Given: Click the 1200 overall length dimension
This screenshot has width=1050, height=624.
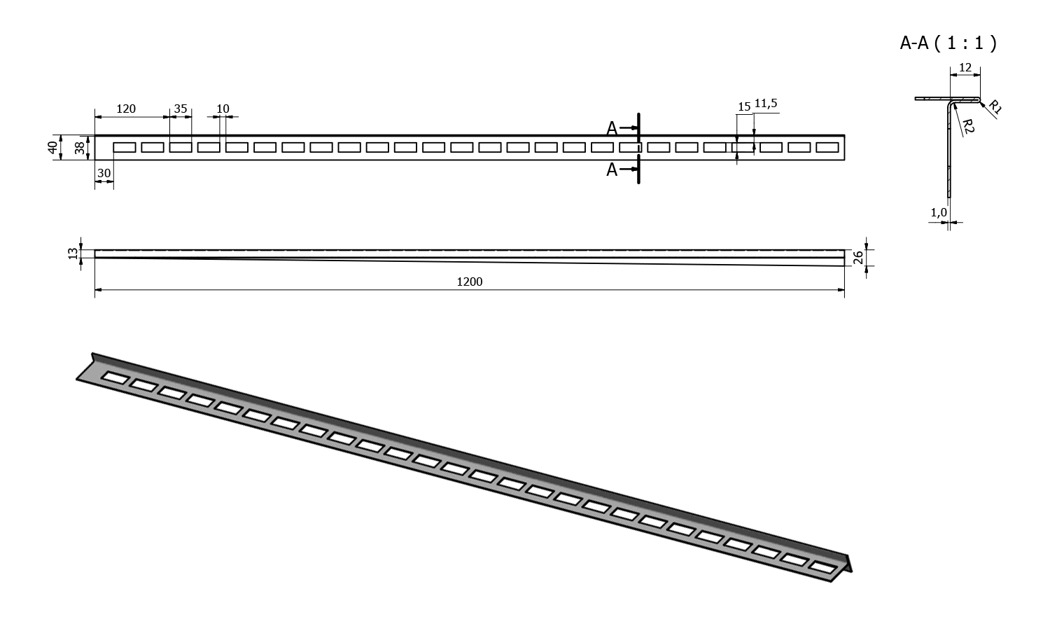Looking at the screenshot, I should pos(469,282).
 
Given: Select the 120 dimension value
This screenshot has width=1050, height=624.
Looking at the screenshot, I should pos(126,109).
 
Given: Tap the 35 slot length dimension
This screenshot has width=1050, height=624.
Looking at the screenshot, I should pos(181,109).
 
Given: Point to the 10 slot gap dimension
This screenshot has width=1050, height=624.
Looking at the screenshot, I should pos(223,109).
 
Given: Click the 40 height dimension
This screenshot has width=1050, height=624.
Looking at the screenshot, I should pos(52,148).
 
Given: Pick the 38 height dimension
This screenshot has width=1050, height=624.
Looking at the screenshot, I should pos(79,148).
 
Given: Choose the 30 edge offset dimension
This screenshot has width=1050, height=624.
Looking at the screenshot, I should pos(104,172).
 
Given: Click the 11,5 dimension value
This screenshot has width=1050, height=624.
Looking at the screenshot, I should pos(765,104).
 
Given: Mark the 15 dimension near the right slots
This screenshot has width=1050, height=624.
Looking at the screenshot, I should pos(743,106).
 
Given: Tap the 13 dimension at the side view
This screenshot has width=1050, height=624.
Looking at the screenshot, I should pos(73,254).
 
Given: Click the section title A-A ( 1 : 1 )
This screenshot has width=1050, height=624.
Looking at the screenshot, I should pos(948,43).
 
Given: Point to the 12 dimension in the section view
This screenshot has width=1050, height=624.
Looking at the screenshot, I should pos(965,67).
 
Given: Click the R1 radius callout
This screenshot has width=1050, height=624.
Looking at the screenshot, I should pos(995,107).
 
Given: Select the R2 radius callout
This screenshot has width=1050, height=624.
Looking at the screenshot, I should pos(968,127).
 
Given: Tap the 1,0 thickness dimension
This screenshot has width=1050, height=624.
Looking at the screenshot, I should pos(938,212).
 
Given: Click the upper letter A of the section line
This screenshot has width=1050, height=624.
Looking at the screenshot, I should pos(612,128).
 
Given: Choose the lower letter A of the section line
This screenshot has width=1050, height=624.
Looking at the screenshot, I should pos(612,169).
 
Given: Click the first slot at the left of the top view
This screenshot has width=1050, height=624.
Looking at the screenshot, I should pos(125,147).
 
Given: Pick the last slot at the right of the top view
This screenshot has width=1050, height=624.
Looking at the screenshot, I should pos(827,147).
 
